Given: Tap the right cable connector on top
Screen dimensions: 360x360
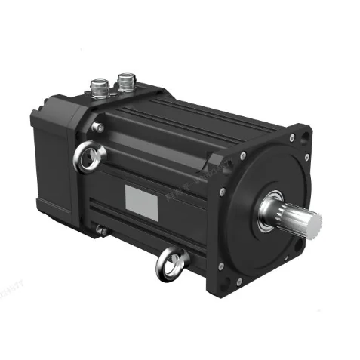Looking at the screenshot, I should [125, 79].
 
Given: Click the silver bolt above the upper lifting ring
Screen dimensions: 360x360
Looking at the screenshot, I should [97, 128].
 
